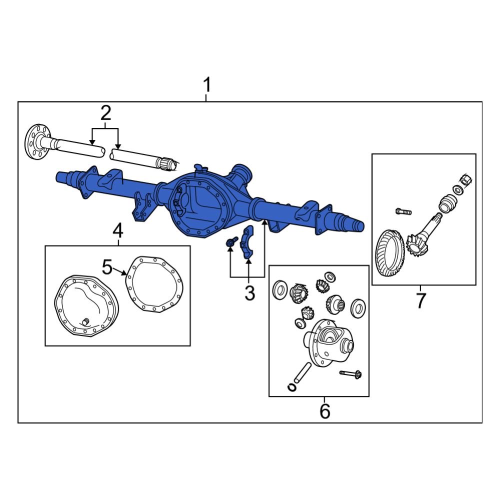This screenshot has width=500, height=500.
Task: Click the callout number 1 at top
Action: tap(206, 86)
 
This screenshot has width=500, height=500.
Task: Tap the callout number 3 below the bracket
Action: tap(249, 293)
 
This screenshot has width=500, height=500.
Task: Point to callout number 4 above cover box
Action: tap(118, 231)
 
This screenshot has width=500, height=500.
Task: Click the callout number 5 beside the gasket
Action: tap(107, 267)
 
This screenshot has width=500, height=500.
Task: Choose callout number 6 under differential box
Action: tap(324, 411)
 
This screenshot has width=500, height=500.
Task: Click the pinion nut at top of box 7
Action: tap(465, 179)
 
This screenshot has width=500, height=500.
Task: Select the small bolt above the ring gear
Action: tap(403, 211)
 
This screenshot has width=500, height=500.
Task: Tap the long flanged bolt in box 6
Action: tap(350, 373)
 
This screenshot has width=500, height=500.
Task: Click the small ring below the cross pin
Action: tap(292, 386)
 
